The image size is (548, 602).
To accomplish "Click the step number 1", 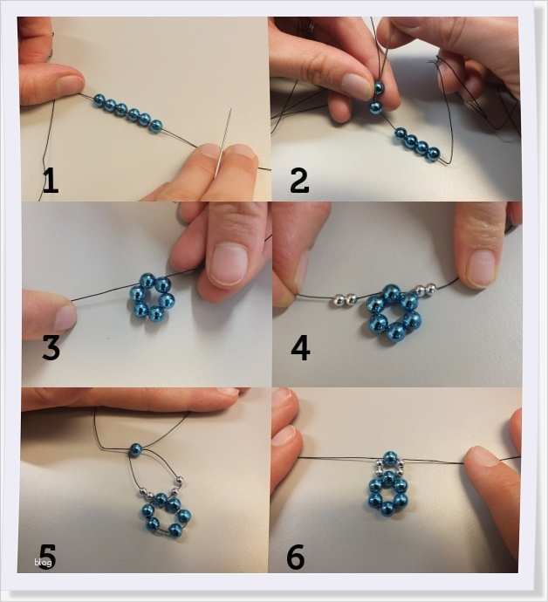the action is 51,181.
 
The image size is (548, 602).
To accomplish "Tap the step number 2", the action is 299,181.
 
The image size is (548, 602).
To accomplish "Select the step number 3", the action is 51,348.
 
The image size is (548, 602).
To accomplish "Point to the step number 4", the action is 300,349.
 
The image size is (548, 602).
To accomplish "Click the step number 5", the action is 47,557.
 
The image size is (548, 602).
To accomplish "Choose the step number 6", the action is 296,557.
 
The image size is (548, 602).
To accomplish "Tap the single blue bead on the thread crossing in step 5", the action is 135,450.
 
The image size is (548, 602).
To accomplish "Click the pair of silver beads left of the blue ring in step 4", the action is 345,300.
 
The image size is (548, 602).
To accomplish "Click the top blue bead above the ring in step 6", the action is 389,458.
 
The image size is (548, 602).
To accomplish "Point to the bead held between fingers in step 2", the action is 379,89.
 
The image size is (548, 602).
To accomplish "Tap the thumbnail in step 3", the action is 229,264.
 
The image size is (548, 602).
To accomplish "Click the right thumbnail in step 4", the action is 482,268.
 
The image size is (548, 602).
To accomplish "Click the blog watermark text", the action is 43,563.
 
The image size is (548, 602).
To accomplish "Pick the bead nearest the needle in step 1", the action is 156,127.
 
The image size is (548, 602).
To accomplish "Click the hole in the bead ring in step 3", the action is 151,298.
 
